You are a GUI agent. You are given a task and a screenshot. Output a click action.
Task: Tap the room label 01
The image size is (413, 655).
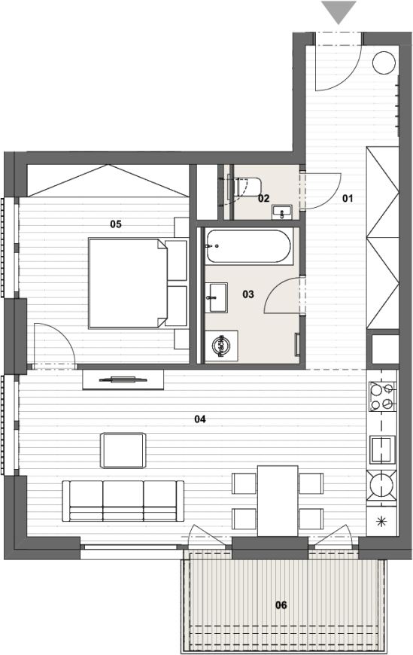(348, 199)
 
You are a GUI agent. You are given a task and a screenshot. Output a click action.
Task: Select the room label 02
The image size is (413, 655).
(263, 199)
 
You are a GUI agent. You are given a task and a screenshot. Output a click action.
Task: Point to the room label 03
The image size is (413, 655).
(248, 294)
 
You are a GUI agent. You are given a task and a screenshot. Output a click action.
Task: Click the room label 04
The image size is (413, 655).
(200, 419)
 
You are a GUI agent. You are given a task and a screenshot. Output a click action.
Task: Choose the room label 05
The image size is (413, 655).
(116, 224)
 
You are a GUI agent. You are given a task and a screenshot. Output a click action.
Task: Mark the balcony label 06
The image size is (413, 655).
(281, 605)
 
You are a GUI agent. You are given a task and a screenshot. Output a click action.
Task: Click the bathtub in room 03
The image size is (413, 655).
(248, 246)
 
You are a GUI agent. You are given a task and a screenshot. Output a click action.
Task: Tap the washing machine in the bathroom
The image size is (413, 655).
(221, 346)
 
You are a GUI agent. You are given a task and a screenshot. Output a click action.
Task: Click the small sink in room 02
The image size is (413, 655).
(282, 212)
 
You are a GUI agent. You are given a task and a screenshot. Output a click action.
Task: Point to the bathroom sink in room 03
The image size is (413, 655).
(217, 297)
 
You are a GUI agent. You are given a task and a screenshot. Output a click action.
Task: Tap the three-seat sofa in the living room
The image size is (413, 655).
(123, 501)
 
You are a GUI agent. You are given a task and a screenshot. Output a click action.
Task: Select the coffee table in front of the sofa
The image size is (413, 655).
(123, 450)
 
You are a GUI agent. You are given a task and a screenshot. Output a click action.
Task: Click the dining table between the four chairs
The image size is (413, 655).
(278, 501)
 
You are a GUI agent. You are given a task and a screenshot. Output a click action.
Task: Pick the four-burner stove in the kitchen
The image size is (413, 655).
(381, 397)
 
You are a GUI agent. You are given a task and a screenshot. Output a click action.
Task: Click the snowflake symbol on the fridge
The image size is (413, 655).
(381, 521)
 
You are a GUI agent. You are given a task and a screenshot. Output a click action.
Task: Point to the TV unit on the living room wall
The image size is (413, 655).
(123, 379)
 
